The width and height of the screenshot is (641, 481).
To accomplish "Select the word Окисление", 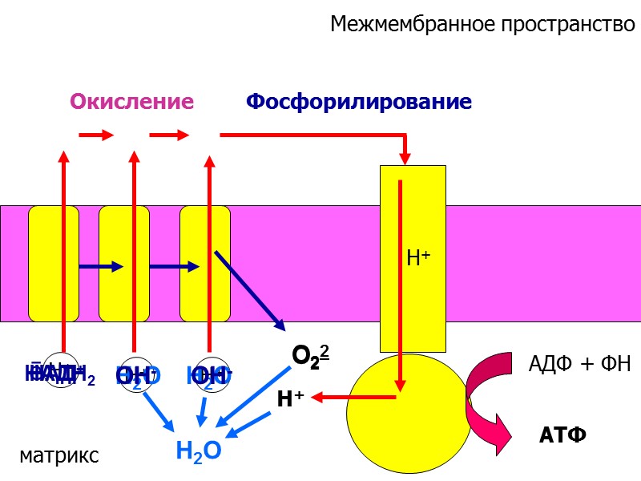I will click(x=132, y=102).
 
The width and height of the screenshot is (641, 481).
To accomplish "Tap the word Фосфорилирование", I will click(x=358, y=102).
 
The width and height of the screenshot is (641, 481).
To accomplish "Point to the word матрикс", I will click(x=59, y=456).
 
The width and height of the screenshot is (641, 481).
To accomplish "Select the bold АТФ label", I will click(x=562, y=435).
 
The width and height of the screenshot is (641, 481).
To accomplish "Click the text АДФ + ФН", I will click(x=580, y=364).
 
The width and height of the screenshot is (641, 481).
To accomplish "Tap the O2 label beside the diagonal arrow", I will click(x=311, y=357).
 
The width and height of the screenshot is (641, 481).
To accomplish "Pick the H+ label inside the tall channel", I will click(x=419, y=258).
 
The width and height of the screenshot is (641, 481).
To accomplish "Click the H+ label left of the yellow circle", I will click(x=289, y=398).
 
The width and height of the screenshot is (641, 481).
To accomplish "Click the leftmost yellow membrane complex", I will click(x=54, y=263).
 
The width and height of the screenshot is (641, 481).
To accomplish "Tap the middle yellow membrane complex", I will click(x=124, y=263).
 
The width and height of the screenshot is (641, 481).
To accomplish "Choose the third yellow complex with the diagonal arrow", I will click(x=204, y=263).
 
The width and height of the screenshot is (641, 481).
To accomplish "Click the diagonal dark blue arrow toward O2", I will click(x=250, y=290).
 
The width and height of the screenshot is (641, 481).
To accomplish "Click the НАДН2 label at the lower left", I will click(x=60, y=373).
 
